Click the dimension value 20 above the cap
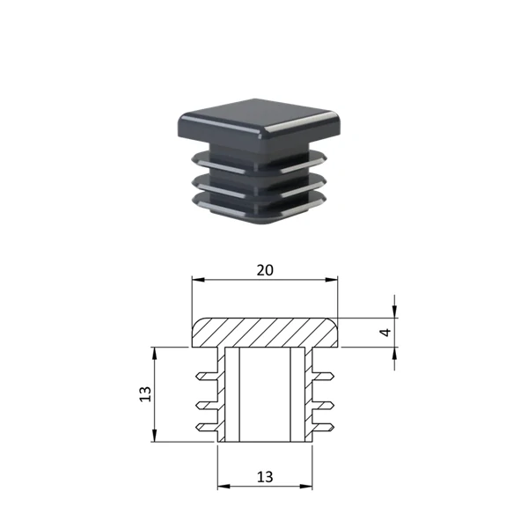(265, 270)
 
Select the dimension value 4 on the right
(385, 332)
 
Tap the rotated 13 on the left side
(145, 394)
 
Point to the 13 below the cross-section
(265, 477)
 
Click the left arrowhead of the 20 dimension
(198, 280)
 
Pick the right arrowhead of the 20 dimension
(332, 280)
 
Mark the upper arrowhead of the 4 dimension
(394, 312)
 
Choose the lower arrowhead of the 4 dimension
(394, 353)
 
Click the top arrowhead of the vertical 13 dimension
(155, 354)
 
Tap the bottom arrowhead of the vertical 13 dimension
(155, 436)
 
